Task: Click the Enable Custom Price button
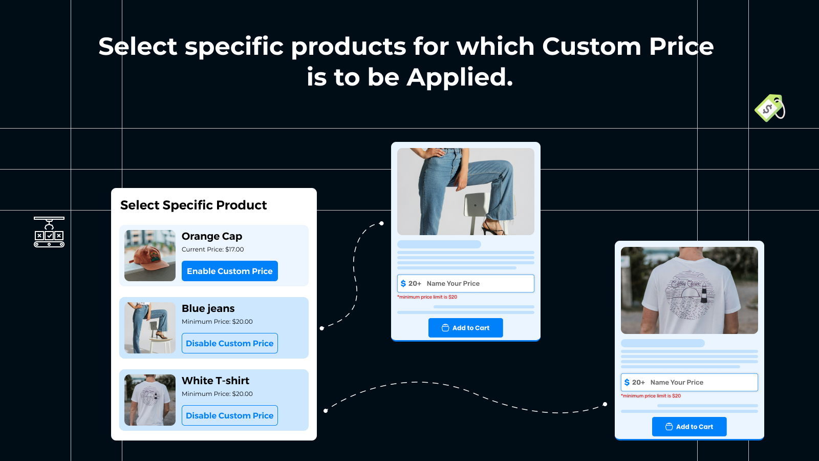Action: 230,271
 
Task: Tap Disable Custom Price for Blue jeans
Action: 230,343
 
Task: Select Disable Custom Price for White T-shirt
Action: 230,415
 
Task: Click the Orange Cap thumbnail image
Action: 150,256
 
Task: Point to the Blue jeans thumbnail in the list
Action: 150,328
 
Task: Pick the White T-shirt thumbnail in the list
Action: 150,400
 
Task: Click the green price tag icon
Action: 770,108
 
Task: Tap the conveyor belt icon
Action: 49,232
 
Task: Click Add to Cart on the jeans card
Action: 465,328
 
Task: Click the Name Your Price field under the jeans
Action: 465,284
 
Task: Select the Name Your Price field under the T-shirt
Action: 689,382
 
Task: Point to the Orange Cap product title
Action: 212,236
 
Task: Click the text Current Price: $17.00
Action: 213,249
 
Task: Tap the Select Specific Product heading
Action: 193,205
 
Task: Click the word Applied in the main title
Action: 460,77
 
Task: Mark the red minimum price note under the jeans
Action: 427,297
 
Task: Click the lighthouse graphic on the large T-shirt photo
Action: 703,291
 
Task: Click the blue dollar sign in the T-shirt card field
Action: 627,382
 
